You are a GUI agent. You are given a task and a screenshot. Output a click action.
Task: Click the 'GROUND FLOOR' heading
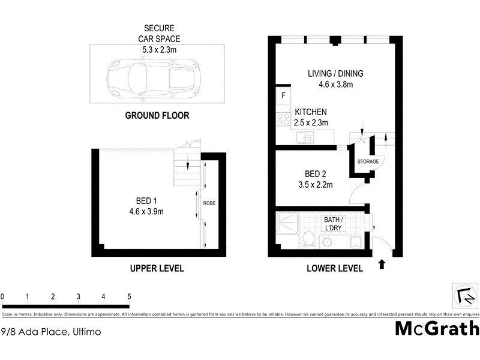pyautogui.click(x=157, y=116)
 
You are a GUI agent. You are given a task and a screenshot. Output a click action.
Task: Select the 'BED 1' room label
pyautogui.click(x=146, y=206)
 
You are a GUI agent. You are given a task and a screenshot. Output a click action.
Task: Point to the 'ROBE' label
pyautogui.click(x=209, y=203)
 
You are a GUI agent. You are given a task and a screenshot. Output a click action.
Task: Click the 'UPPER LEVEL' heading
pyautogui.click(x=157, y=268)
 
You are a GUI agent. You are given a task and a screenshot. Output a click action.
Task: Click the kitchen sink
pyautogui.click(x=304, y=139)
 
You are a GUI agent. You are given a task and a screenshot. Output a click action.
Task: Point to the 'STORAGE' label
pyautogui.click(x=368, y=162)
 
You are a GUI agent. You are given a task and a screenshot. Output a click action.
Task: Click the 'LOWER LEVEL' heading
pyautogui.click(x=334, y=268)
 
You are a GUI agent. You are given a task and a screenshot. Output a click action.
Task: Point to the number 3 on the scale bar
pyautogui.click(x=79, y=296)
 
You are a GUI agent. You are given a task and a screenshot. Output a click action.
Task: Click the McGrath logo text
pyautogui.click(x=437, y=328)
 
